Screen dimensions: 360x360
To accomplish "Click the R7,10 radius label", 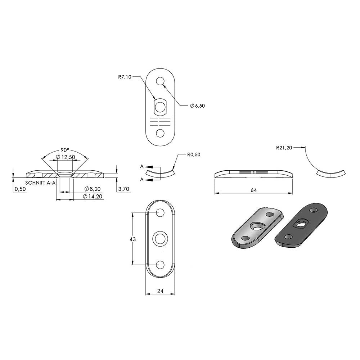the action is (x=125, y=77).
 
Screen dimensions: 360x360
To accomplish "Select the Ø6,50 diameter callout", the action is (x=197, y=106).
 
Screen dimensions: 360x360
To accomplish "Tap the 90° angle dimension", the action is (x=65, y=150).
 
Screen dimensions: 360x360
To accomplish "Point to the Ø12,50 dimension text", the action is (x=66, y=157).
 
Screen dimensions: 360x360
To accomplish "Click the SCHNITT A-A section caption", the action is (x=40, y=183).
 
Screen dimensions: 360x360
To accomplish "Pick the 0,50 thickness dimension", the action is (x=20, y=189).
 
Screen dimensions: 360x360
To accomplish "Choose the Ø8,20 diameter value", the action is (x=93, y=189).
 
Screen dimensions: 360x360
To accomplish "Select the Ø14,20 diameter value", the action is (x=93, y=196).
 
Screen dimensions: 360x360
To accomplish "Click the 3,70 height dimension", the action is (x=123, y=189).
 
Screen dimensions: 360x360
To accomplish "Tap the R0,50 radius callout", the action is (x=194, y=154).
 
